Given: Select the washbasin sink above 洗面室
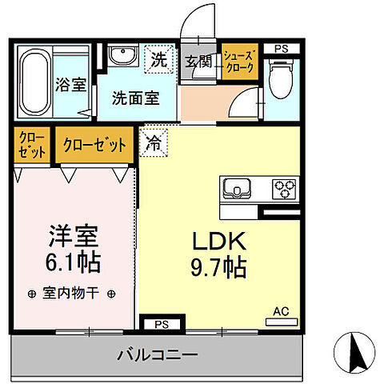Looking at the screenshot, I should (x=123, y=57).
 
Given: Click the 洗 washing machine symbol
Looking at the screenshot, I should (x=159, y=58).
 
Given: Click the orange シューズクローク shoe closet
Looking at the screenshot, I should (x=238, y=62).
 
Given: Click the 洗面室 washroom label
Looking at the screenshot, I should (x=134, y=98).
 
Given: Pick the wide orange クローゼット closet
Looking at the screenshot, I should (x=94, y=146).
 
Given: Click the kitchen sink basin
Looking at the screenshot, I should (x=238, y=190).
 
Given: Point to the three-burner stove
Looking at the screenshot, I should (x=283, y=190).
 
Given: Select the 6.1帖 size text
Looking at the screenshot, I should (x=74, y=262).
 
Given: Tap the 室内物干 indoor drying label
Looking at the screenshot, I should (x=72, y=294).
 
